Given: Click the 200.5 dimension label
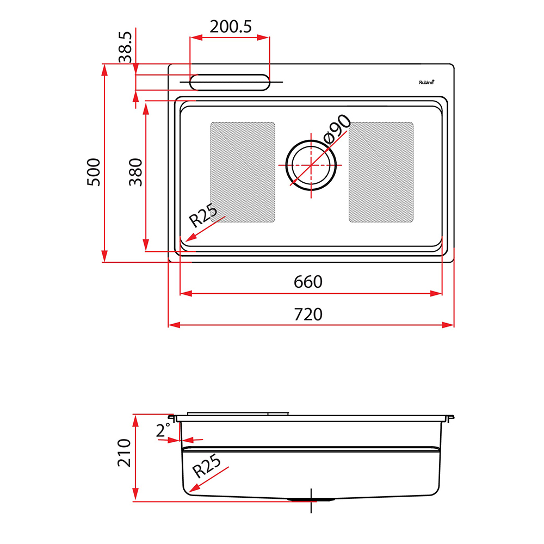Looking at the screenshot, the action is point(231,27).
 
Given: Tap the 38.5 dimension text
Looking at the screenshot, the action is point(126,47).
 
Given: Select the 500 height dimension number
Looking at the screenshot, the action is point(94,172).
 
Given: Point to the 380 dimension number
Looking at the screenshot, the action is point(135,172).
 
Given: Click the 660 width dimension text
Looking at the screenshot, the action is point(308,282).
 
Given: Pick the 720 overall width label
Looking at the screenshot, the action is point(308,314).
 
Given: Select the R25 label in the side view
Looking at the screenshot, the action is point(207,466).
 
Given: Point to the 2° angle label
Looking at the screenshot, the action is point(163,430).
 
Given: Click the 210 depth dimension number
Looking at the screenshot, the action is point(124,453).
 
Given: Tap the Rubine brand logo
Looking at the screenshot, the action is point(426,82).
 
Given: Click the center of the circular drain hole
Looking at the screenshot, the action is point(311,165).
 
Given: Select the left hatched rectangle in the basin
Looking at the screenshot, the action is point(243,172).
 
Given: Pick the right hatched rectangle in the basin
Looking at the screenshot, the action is point(381,172).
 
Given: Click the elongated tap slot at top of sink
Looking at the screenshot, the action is point(230,82).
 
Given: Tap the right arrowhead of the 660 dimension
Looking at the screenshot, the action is point(436,294).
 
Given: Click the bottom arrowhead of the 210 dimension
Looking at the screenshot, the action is point(135,494).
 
